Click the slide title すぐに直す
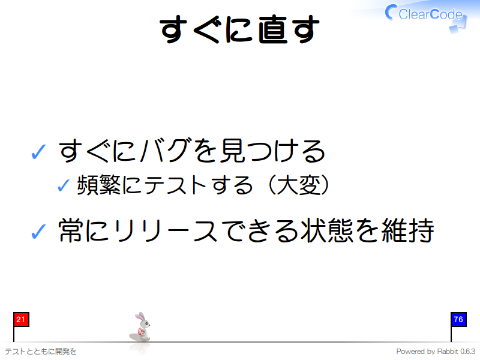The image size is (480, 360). click(240, 30)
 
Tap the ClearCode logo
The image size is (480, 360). click(425, 14)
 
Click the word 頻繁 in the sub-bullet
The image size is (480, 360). click(98, 186)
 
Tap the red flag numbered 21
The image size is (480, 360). click(21, 320)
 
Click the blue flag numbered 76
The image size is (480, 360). click(458, 320)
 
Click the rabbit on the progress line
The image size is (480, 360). click(140, 329)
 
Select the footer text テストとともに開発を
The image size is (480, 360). click(40, 352)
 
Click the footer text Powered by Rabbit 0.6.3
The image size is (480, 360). click(435, 352)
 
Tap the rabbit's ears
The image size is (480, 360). click(139, 316)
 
